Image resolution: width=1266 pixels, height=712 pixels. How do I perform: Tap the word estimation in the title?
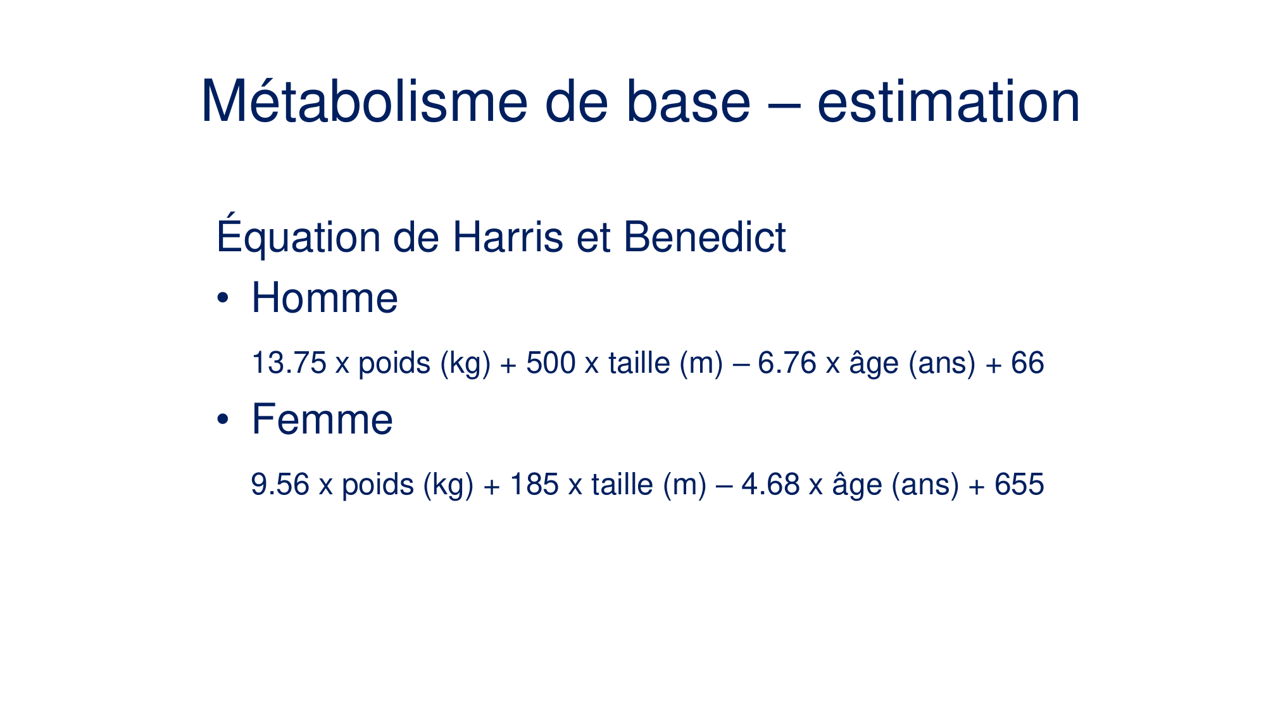point(948,102)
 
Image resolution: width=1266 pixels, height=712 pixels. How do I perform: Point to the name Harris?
point(508,237)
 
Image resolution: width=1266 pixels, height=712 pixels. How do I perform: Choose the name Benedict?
point(705,237)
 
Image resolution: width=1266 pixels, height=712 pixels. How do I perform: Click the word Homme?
point(325,297)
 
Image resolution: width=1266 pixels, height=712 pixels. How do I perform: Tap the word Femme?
point(322,419)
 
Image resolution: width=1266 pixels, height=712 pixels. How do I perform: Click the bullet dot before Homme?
point(222,297)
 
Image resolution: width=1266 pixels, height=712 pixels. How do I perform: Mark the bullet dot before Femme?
point(222,419)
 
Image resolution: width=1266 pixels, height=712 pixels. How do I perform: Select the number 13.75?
point(289,363)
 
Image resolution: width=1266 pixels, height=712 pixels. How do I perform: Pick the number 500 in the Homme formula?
point(551,363)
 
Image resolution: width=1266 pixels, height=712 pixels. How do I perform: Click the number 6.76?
point(787,363)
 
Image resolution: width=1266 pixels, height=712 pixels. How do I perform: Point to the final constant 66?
point(1027,363)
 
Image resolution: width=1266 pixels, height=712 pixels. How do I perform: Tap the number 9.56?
point(280,485)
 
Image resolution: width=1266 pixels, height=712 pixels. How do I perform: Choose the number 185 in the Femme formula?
point(534,485)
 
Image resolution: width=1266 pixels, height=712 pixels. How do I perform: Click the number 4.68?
point(770,485)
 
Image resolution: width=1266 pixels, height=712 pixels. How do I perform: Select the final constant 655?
point(1019,485)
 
